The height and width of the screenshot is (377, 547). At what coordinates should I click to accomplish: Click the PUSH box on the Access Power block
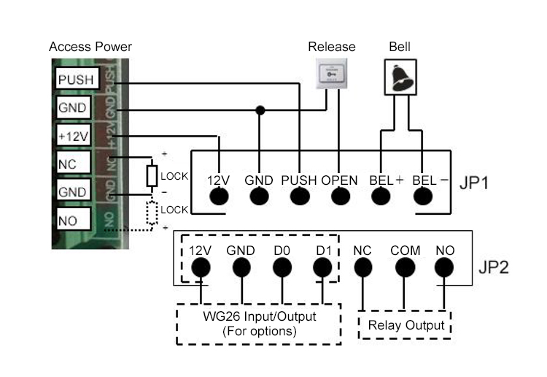click(x=75, y=80)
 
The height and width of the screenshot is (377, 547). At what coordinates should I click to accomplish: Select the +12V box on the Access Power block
click(x=73, y=136)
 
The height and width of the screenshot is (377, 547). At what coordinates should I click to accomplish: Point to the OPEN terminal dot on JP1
click(x=339, y=197)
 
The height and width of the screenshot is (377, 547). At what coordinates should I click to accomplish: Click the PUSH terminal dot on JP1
click(x=299, y=197)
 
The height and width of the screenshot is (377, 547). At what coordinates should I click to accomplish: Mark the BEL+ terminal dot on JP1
click(x=380, y=197)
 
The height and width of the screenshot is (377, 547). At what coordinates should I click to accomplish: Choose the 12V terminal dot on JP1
click(x=220, y=197)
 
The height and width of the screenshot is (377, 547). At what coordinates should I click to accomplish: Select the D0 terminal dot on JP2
click(x=282, y=268)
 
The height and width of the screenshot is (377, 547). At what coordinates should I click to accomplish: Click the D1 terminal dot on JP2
click(x=323, y=268)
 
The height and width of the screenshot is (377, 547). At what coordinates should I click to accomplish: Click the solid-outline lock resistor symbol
click(x=152, y=176)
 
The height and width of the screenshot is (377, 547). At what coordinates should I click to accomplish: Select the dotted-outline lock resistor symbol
click(x=152, y=212)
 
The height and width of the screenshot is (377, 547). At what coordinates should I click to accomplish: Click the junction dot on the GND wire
click(x=260, y=110)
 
